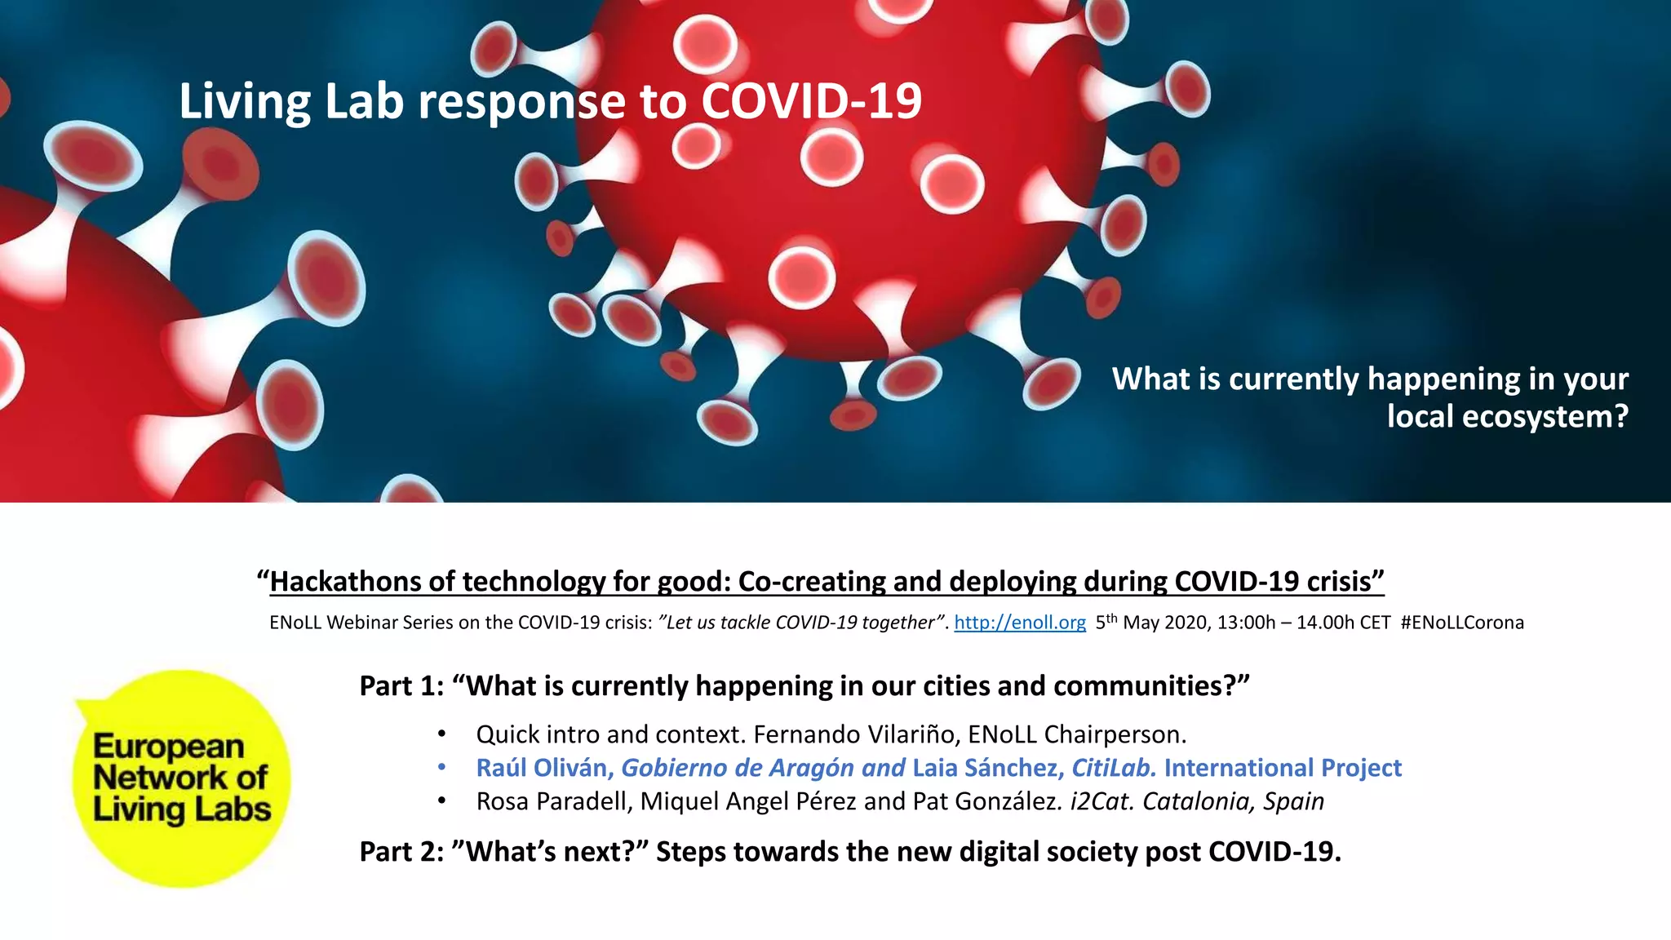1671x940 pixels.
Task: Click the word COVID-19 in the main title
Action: click(x=811, y=101)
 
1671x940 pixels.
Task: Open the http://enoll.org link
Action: click(x=1019, y=623)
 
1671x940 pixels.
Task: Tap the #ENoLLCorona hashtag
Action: click(x=1461, y=623)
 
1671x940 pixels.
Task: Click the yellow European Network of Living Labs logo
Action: click(x=181, y=778)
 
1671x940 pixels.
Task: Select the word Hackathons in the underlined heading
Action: click(x=344, y=582)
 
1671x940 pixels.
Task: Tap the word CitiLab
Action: click(x=1113, y=768)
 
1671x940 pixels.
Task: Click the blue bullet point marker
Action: click(x=441, y=768)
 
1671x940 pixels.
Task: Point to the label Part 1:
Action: click(x=401, y=686)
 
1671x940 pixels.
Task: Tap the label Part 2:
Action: click(x=401, y=852)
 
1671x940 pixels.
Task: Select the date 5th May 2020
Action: click(x=1150, y=623)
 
